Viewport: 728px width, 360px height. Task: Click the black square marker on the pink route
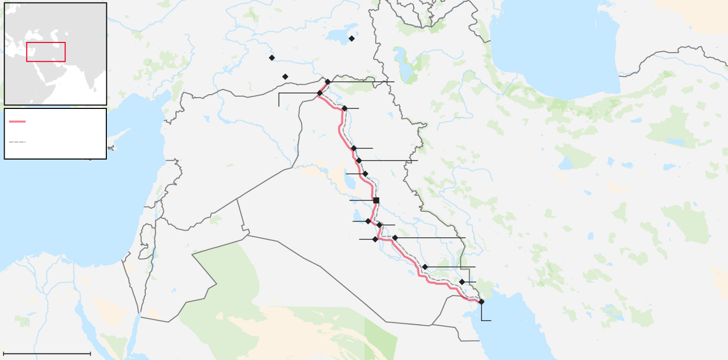click(x=376, y=200)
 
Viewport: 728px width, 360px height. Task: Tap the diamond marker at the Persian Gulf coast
click(x=481, y=302)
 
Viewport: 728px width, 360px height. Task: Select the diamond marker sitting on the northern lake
click(x=352, y=38)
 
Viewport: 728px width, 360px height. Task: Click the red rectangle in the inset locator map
click(x=46, y=52)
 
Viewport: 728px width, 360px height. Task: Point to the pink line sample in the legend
click(x=17, y=121)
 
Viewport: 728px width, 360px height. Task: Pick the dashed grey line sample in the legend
click(x=17, y=142)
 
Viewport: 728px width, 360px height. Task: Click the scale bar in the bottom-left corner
click(x=47, y=353)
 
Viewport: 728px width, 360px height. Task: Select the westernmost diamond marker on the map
click(x=272, y=58)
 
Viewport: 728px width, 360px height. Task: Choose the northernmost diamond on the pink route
click(x=328, y=82)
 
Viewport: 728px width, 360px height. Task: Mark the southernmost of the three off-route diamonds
click(x=285, y=77)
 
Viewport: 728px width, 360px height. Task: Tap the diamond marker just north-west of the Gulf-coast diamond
click(x=462, y=282)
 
